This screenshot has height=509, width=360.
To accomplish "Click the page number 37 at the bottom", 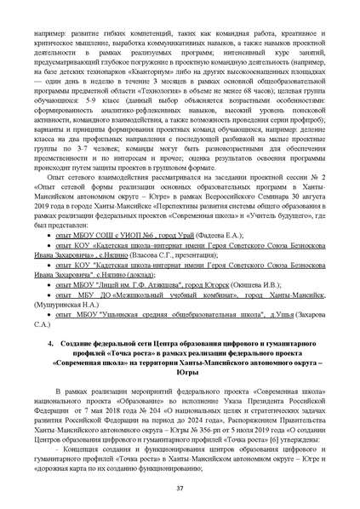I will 180,488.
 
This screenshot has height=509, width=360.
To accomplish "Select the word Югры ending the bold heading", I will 180,372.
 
